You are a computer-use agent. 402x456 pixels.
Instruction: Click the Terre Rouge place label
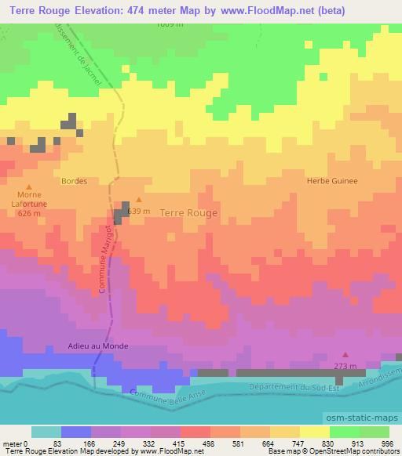coord(188,212)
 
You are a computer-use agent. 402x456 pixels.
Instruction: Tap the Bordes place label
coord(74,180)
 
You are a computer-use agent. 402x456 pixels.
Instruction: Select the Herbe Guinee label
coord(331,180)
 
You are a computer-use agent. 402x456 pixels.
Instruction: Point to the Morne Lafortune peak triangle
coord(28,186)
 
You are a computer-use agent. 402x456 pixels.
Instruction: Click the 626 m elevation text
coord(28,214)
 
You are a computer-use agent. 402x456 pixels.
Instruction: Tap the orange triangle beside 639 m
coord(140,200)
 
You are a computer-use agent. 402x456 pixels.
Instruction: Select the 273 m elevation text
coord(345,366)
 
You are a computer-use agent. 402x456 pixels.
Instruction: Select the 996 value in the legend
coord(386,443)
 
